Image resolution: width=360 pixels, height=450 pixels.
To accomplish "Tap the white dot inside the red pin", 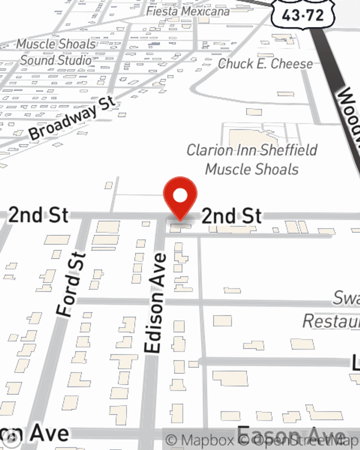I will [180, 196].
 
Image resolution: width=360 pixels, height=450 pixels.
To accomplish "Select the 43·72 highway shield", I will [303, 15].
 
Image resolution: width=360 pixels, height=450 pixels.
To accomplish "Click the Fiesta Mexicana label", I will [188, 11].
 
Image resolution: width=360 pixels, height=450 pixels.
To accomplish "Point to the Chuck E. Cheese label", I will [265, 64].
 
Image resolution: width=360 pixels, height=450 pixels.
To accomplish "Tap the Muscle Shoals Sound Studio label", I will [56, 52].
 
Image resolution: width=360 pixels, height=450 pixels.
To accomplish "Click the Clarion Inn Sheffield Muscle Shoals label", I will [252, 159].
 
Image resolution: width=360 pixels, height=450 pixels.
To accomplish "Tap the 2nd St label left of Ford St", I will [38, 215].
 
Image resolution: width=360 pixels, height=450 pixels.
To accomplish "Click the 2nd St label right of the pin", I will [231, 216].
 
